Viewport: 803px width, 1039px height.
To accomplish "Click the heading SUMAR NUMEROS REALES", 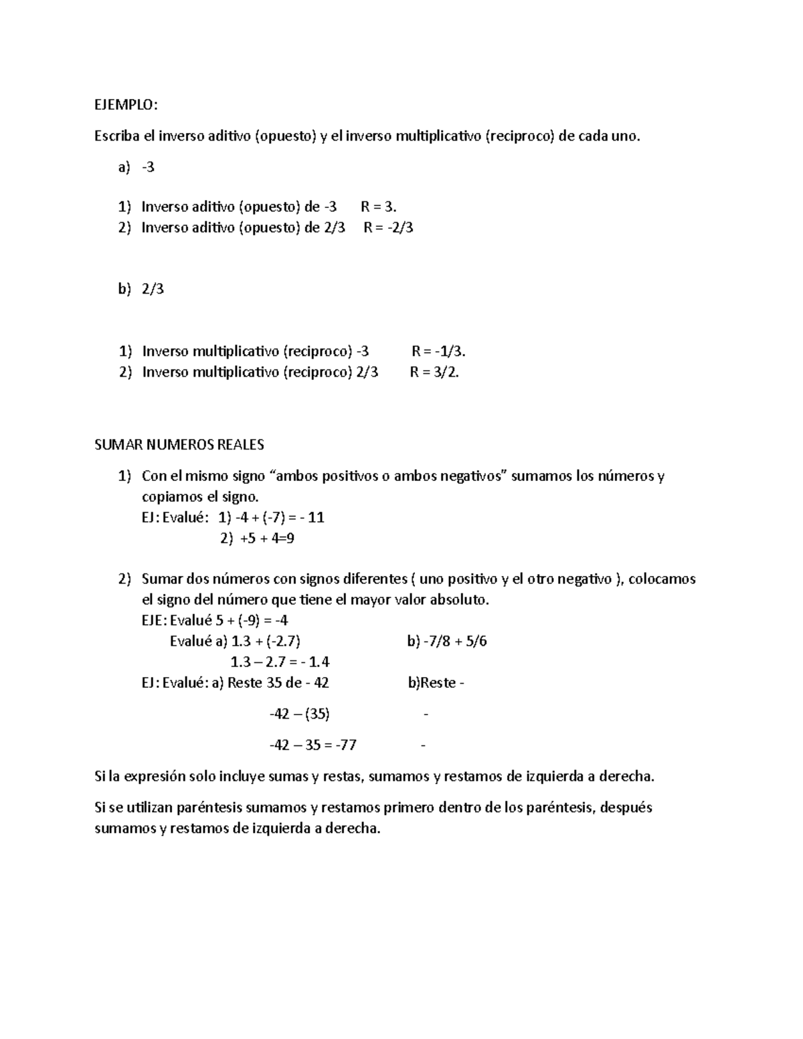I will tap(179, 445).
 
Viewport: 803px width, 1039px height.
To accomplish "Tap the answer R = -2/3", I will tap(388, 227).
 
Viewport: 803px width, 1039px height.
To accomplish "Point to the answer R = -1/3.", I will tap(438, 351).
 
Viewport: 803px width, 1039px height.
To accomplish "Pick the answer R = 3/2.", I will tap(434, 373).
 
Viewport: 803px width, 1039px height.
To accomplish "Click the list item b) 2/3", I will tap(141, 290).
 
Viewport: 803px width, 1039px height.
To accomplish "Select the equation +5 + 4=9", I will tap(267, 539).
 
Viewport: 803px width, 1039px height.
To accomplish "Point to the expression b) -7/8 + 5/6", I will tap(447, 642).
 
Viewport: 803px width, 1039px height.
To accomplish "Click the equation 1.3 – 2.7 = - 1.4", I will tap(280, 662).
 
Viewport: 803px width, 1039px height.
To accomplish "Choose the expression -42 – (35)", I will tap(299, 714).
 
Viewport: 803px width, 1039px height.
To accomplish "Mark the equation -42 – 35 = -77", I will tap(313, 745).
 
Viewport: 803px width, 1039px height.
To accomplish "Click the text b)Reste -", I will tap(436, 683).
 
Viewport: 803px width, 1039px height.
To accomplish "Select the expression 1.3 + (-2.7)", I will tap(265, 642).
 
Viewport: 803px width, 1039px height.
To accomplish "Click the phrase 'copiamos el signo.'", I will tap(199, 497).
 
